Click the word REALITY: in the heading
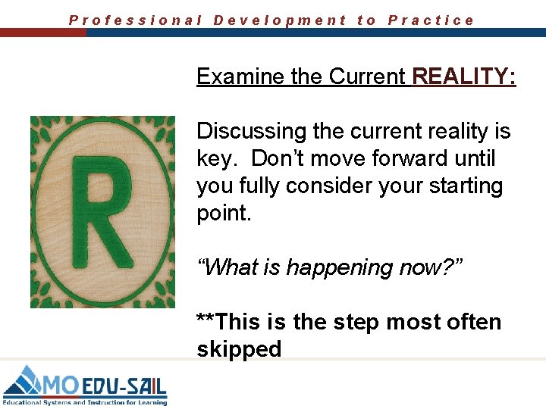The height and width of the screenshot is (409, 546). (x=464, y=76)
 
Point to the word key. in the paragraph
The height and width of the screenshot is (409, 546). (x=217, y=159)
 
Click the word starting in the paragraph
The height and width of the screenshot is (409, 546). (x=461, y=186)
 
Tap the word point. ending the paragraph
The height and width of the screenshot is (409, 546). (x=223, y=214)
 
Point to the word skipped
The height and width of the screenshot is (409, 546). (x=239, y=349)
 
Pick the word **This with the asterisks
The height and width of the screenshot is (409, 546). (x=227, y=322)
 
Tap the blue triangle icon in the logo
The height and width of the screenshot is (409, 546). (x=24, y=380)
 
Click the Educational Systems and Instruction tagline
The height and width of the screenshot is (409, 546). (x=84, y=402)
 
